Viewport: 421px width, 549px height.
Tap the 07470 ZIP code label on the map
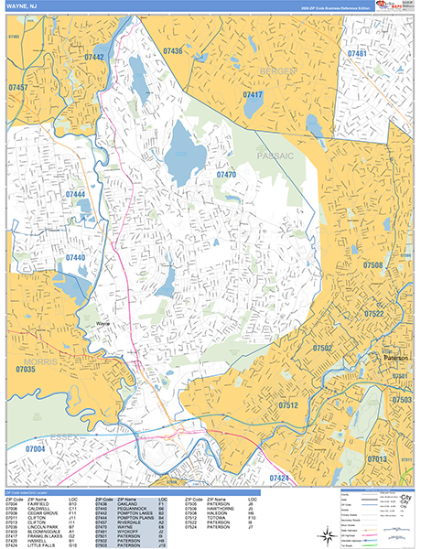point(226,174)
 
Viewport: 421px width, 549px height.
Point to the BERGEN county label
point(276,70)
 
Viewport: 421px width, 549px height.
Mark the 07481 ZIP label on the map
point(357,54)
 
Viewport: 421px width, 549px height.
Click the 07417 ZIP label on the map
point(253,94)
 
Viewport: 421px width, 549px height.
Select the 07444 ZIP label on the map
point(75,195)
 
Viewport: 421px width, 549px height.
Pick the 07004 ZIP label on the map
point(35,449)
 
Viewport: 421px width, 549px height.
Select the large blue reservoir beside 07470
point(183,146)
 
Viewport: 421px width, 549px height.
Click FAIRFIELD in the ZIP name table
point(39,503)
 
